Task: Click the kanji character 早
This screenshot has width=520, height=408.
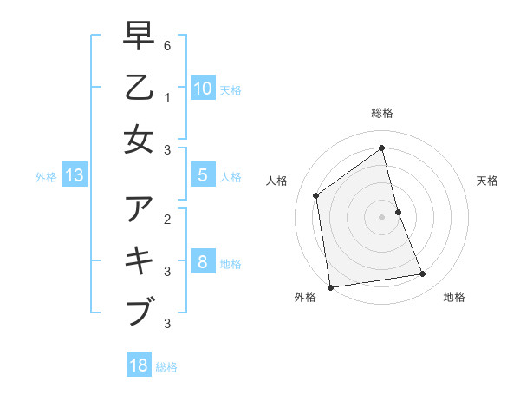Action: tap(140, 37)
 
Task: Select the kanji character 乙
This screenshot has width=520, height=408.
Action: tap(140, 88)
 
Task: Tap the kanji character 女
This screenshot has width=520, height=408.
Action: tap(140, 139)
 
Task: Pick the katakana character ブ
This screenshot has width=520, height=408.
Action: tap(140, 312)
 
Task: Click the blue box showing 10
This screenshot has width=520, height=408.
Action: tap(202, 89)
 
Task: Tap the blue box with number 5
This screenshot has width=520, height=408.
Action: tap(202, 175)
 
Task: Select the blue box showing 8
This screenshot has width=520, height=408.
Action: tap(202, 261)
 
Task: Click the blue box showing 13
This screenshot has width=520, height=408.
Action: tap(74, 176)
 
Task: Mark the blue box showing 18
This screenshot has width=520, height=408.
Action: tap(139, 365)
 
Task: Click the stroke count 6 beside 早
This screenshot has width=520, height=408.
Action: tap(167, 46)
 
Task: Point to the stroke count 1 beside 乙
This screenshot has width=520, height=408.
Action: tap(167, 97)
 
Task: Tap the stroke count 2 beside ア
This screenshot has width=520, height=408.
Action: tap(167, 219)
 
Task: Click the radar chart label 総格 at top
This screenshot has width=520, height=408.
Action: tap(381, 113)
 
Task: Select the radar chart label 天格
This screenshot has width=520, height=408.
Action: tap(487, 181)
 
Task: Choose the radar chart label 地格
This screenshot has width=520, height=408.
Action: tap(454, 297)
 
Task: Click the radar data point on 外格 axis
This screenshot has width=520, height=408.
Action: tap(330, 286)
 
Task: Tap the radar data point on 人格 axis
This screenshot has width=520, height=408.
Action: tap(316, 195)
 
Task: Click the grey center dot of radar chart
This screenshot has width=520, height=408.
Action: tap(381, 216)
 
